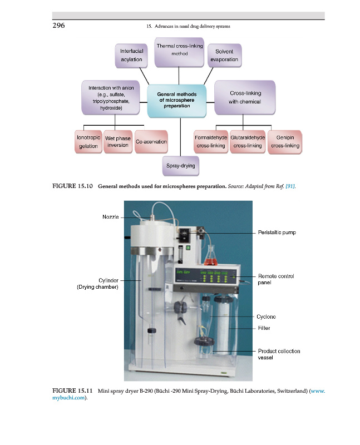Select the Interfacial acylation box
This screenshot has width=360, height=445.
click(x=132, y=55)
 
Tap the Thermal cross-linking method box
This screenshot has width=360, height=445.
click(x=179, y=50)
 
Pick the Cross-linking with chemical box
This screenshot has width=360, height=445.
click(x=245, y=97)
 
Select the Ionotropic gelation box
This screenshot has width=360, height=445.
click(x=88, y=141)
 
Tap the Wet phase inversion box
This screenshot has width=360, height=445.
click(x=118, y=141)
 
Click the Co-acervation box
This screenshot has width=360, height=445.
click(x=151, y=142)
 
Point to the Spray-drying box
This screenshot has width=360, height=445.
click(x=181, y=166)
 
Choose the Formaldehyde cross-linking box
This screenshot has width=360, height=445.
click(x=210, y=141)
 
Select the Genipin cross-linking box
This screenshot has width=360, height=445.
click(x=285, y=141)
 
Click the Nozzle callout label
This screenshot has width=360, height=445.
click(x=110, y=217)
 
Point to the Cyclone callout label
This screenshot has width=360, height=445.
click(x=267, y=317)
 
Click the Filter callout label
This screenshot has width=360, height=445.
click(x=264, y=328)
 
